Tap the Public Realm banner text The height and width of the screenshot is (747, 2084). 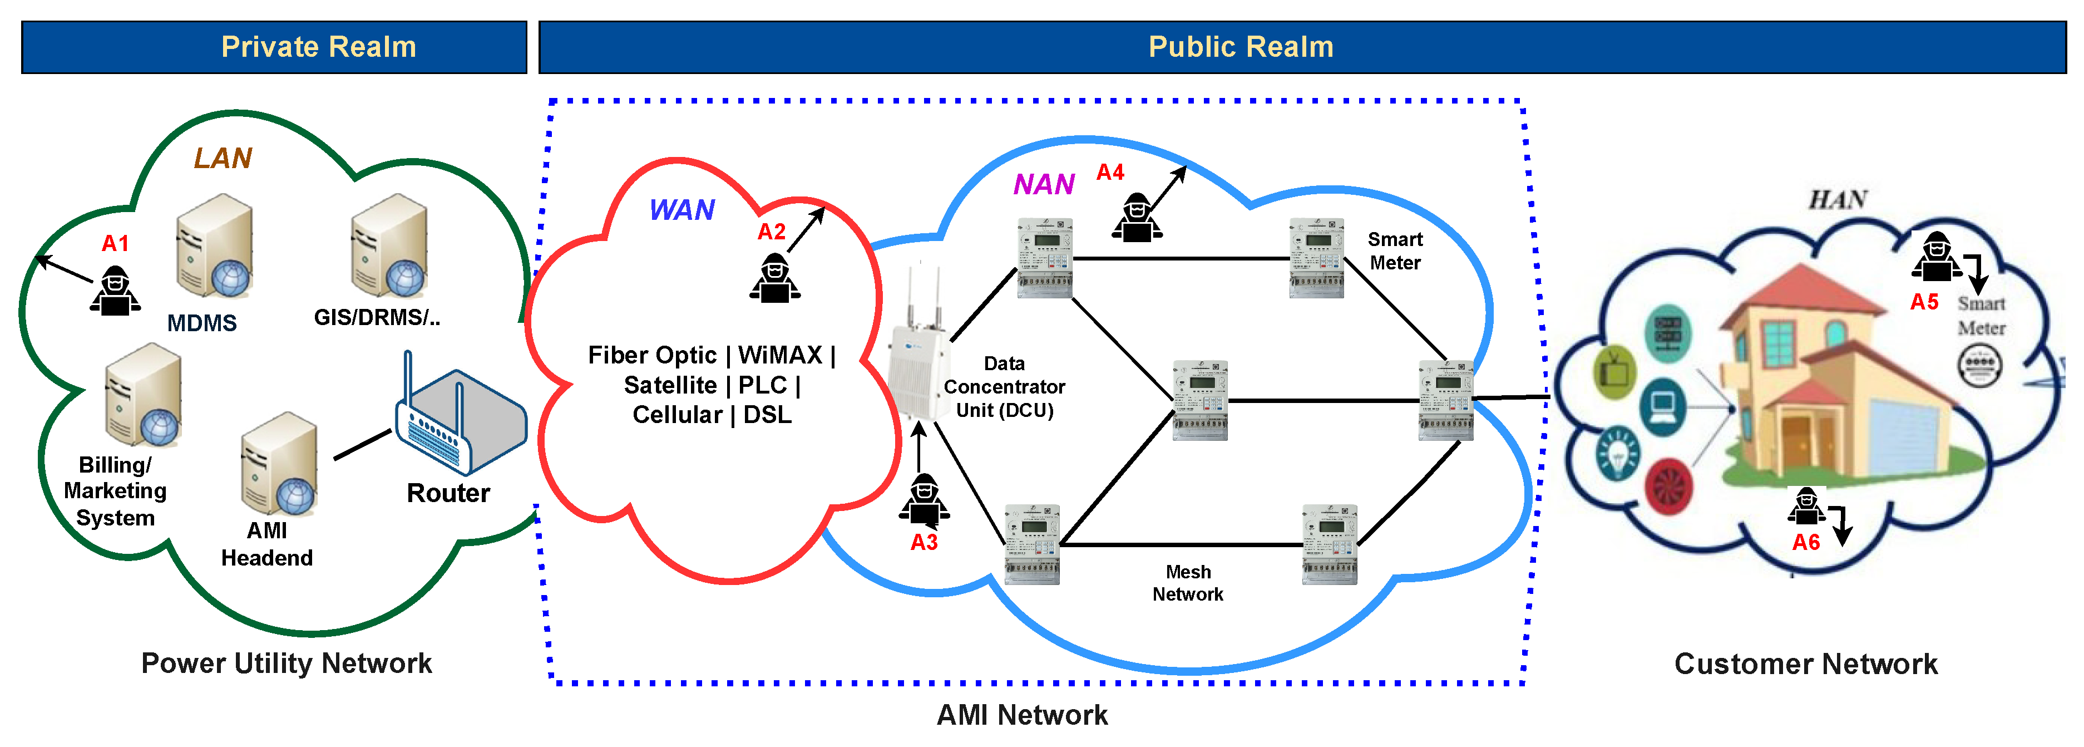pos(1240,47)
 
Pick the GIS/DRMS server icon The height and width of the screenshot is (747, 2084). pos(389,246)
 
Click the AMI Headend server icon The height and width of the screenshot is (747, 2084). pos(280,464)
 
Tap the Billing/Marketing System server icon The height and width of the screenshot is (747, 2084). pos(143,395)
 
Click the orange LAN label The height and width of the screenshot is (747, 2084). pos(223,158)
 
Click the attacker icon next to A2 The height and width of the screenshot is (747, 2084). pos(774,279)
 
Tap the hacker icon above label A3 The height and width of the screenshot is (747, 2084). pos(924,499)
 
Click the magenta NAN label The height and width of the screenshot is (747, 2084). pos(1044,185)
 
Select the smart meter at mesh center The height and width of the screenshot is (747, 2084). pos(1200,400)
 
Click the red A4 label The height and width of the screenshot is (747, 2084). pos(1110,173)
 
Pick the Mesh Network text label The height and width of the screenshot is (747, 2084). pos(1188,583)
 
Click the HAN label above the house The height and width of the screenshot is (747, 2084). pos(1836,199)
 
